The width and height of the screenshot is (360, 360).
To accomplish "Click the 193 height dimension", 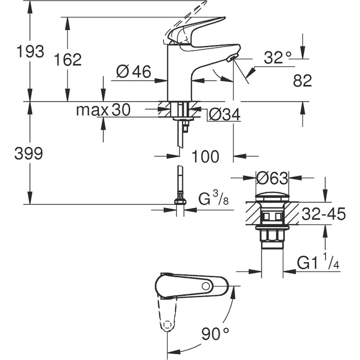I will (30, 52).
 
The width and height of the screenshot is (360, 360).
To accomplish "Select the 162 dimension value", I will (68, 60).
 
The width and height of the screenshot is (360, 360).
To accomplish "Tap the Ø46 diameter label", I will (134, 71).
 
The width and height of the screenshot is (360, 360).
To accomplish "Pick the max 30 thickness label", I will (103, 110).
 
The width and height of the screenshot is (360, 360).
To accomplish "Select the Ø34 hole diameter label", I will (222, 114).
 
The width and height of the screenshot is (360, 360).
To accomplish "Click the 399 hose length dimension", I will (30, 154).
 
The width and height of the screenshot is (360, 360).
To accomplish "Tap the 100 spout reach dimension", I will (205, 157).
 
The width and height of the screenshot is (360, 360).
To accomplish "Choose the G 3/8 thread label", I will (213, 200).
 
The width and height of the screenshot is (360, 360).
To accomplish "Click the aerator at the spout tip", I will (231, 59).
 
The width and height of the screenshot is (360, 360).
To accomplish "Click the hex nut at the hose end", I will (181, 201).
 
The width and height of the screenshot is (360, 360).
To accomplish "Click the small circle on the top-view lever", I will (205, 286).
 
